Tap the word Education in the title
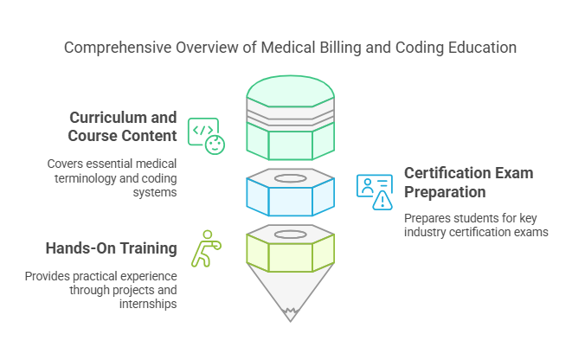(x=479, y=48)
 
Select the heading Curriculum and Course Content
(x=123, y=126)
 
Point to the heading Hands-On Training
(x=112, y=249)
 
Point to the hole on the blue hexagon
(x=290, y=175)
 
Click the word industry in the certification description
(x=425, y=232)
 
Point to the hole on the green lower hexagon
(x=290, y=234)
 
